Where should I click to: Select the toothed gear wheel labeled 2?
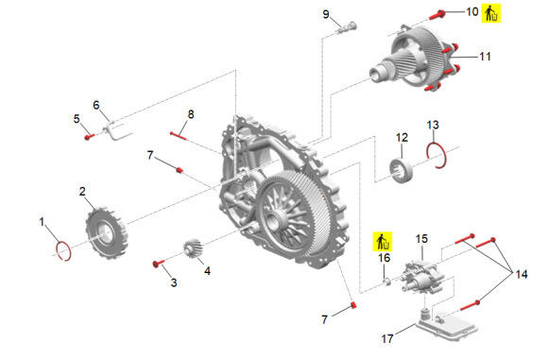(106, 231)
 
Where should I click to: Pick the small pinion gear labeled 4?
(194, 249)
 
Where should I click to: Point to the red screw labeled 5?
(90, 136)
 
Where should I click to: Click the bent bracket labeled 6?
(116, 131)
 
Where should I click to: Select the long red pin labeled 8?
(179, 135)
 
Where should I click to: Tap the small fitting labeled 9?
(347, 27)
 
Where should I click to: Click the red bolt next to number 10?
(437, 15)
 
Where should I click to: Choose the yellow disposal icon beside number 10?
(491, 13)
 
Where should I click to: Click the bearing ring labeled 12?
(402, 170)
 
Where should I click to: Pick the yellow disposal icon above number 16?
(382, 241)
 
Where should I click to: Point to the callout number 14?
(522, 274)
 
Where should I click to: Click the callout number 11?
(485, 57)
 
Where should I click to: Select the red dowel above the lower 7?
(353, 305)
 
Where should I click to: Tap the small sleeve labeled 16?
(386, 282)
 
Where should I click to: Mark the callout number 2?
(82, 192)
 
